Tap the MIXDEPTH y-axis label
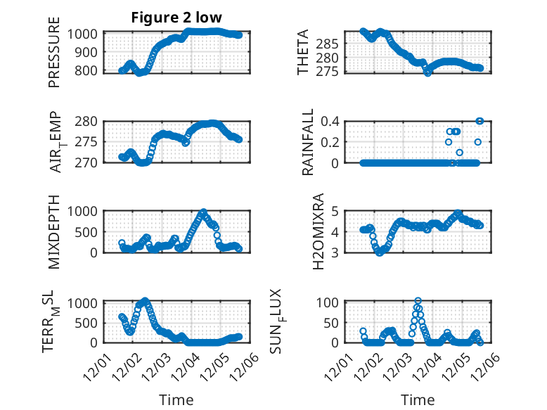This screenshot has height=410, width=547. click(x=54, y=231)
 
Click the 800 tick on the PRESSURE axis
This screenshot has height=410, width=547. click(x=89, y=70)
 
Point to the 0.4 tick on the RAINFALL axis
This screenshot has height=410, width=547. click(x=330, y=121)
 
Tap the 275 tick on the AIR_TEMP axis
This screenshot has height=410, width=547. click(x=89, y=142)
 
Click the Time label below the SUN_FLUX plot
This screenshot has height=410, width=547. click(x=418, y=400)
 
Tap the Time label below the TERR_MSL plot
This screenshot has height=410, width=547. click(x=176, y=400)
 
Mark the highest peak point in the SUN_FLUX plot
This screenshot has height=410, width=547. click(x=418, y=301)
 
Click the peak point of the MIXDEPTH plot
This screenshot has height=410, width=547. click(x=203, y=212)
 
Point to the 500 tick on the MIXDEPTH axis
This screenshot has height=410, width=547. click(x=89, y=231)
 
